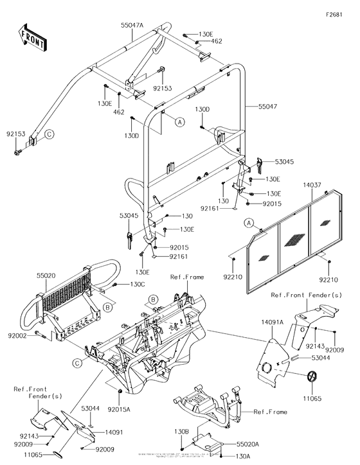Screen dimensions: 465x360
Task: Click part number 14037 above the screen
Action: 314,184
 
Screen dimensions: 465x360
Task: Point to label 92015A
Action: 120,409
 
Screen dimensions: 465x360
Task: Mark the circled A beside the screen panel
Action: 248,222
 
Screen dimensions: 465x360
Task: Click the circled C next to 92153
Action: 48,135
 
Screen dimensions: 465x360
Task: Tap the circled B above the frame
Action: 153,299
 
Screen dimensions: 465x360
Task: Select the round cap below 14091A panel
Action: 312,378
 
